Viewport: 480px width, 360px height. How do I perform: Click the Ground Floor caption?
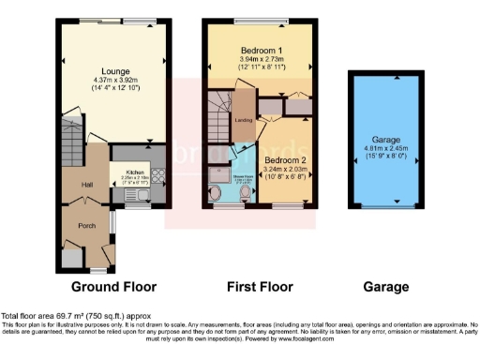[x=113, y=287]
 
